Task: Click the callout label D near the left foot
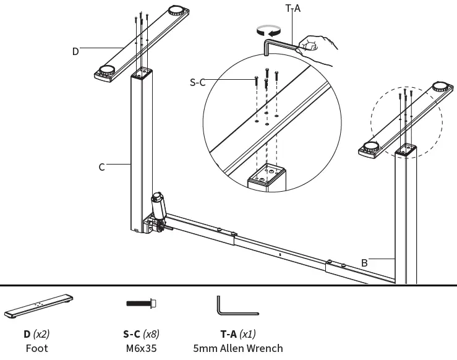click(75, 51)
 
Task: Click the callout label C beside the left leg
click(102, 166)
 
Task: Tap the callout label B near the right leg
click(364, 262)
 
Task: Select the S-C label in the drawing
click(197, 82)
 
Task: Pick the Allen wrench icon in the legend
click(237, 306)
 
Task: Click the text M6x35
click(142, 348)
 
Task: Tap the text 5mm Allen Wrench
click(238, 348)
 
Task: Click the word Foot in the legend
click(36, 348)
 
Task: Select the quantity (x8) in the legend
click(152, 334)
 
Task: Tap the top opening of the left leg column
click(143, 72)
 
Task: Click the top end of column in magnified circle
click(267, 176)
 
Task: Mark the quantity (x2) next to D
click(41, 334)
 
